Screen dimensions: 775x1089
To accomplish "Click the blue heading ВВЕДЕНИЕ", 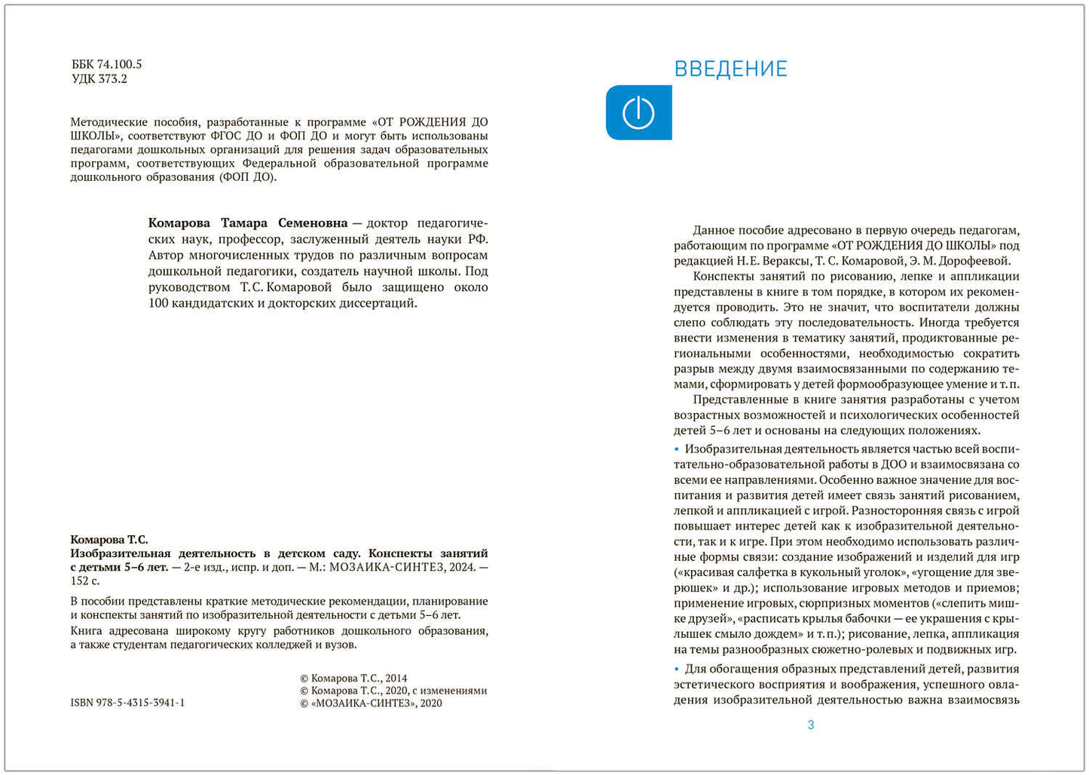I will pyautogui.click(x=730, y=69).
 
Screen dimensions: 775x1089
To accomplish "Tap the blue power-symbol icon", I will pyautogui.click(x=638, y=113).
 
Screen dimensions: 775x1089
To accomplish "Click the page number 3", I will pyautogui.click(x=811, y=725).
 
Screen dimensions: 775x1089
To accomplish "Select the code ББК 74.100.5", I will pyautogui.click(x=106, y=65).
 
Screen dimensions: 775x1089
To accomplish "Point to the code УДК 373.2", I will pyautogui.click(x=99, y=79).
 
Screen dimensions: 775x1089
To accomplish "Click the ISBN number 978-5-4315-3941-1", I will pyautogui.click(x=127, y=703).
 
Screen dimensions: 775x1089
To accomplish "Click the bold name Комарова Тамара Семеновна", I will pyautogui.click(x=248, y=223).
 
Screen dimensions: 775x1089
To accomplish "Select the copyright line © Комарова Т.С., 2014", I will pyautogui.click(x=353, y=679).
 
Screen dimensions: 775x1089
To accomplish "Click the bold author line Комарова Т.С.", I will pyautogui.click(x=109, y=540).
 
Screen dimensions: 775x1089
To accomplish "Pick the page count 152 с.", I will pyautogui.click(x=85, y=581).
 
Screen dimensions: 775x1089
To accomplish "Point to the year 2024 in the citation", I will pyautogui.click(x=460, y=568).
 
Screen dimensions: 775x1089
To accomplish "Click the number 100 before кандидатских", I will pyautogui.click(x=158, y=304).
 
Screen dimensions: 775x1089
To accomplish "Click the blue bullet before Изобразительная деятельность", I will pyautogui.click(x=677, y=449).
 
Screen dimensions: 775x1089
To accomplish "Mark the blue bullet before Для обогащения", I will pyautogui.click(x=677, y=669).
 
